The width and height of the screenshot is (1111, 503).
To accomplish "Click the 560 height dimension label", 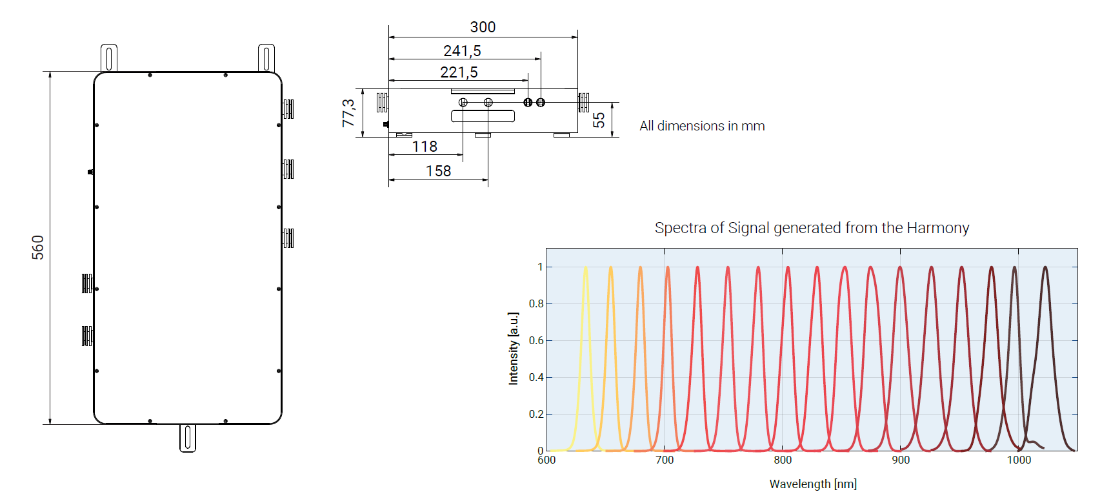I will point(38,247).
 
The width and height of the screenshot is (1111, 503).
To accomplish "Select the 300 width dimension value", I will point(483,27).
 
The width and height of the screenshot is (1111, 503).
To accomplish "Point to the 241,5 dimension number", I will point(462,51).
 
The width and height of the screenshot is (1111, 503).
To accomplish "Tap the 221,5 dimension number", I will point(459,72).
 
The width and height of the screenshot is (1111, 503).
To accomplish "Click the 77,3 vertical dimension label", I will point(348,113).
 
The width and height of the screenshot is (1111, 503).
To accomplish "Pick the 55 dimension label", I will point(599,120).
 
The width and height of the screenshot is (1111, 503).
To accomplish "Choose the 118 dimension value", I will point(425,147).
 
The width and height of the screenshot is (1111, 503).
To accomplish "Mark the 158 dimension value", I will point(438,171).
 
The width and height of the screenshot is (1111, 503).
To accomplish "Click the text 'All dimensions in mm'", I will point(702,126).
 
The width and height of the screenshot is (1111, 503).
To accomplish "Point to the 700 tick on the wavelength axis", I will point(665,460).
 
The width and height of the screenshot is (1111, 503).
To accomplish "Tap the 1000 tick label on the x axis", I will point(1019,460).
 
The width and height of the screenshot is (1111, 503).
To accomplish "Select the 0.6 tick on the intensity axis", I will point(536,340).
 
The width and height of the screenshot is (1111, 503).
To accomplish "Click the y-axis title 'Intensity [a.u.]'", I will point(514,349).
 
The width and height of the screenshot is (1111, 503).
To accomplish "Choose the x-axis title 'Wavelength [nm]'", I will point(813,484).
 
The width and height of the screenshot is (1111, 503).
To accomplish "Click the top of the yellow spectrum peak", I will point(585,267).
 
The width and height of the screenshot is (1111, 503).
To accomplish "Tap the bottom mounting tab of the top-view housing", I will point(188,438).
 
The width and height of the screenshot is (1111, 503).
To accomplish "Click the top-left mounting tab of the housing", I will point(109,57).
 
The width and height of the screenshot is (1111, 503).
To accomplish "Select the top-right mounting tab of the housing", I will point(266,57).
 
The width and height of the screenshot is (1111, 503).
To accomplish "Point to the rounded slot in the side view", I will point(483,116).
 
